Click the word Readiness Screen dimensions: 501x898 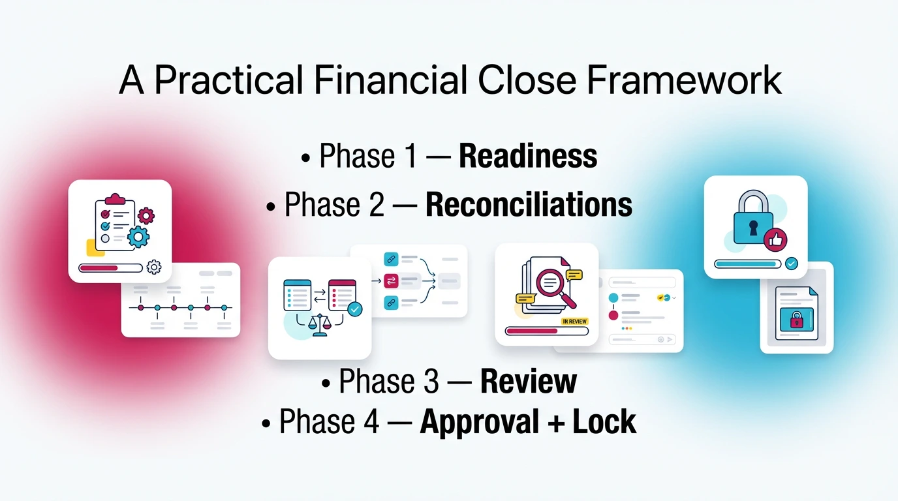[528, 157]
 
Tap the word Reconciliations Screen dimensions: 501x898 [529, 205]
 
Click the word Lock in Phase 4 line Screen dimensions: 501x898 [604, 422]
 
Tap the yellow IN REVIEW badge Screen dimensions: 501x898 [574, 321]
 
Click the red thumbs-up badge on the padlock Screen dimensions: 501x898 [775, 240]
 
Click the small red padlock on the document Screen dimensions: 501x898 [796, 320]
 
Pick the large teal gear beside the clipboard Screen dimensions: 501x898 [138, 237]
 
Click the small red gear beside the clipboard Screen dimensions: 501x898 [146, 215]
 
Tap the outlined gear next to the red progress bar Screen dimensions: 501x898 [154, 267]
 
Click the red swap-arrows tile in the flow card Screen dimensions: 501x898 [391, 281]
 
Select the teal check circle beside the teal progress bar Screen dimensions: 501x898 [791, 264]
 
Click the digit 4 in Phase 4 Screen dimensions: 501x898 [370, 422]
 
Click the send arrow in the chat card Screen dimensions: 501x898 [670, 339]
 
